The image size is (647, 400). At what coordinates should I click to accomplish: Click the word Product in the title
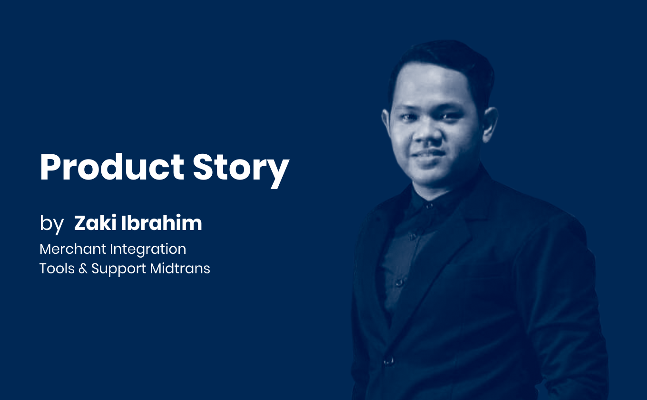coord(112,167)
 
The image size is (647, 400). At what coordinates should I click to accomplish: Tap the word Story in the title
coord(241,170)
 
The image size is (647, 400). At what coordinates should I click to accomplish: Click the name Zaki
coord(95,223)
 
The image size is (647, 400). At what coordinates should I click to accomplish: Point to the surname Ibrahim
coord(162,223)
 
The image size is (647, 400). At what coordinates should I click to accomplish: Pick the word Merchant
coord(73,249)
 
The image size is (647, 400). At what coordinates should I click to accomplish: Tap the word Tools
coord(57,269)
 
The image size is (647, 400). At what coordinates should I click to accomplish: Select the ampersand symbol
coord(83,269)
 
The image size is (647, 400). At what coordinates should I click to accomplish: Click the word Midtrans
coord(180,269)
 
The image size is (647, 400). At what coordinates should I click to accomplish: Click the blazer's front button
coord(389,361)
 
